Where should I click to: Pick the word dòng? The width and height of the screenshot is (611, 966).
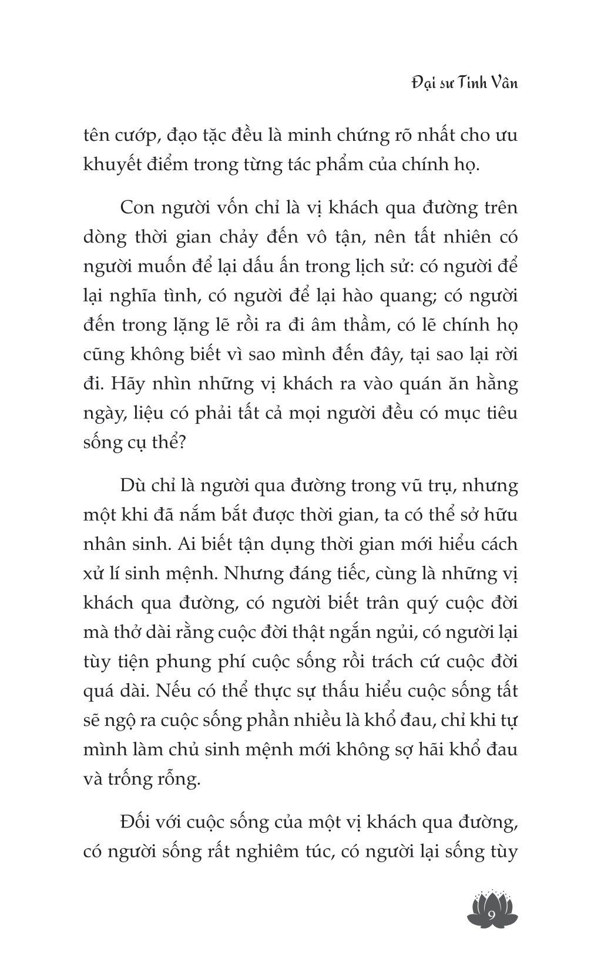(105, 238)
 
